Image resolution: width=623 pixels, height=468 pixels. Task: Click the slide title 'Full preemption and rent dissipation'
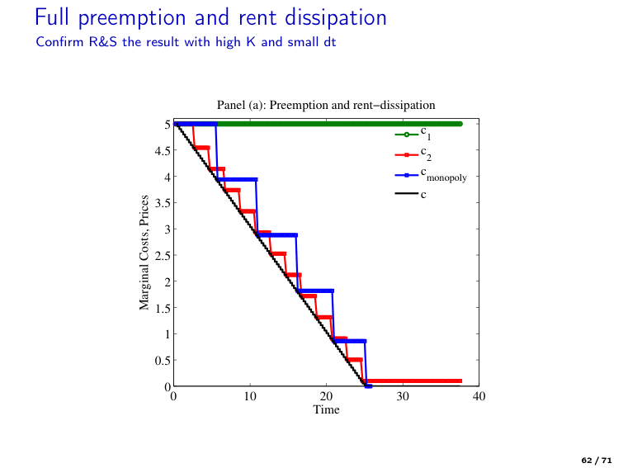210,17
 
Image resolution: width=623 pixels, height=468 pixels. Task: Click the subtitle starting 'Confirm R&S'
186,42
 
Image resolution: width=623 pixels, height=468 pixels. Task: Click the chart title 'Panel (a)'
326,105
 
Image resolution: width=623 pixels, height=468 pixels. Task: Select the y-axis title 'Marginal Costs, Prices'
145,253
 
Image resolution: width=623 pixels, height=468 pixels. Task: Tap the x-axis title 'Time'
326,410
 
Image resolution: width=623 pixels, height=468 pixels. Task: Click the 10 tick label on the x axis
249,397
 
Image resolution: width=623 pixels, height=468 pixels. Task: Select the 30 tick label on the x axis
403,397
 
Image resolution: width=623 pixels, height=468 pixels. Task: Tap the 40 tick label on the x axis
479,397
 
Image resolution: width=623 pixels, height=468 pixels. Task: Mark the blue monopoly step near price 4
237,179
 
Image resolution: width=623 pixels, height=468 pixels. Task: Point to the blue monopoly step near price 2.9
277,235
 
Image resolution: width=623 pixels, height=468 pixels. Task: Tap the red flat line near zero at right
421,381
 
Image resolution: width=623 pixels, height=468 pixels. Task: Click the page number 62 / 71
597,458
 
